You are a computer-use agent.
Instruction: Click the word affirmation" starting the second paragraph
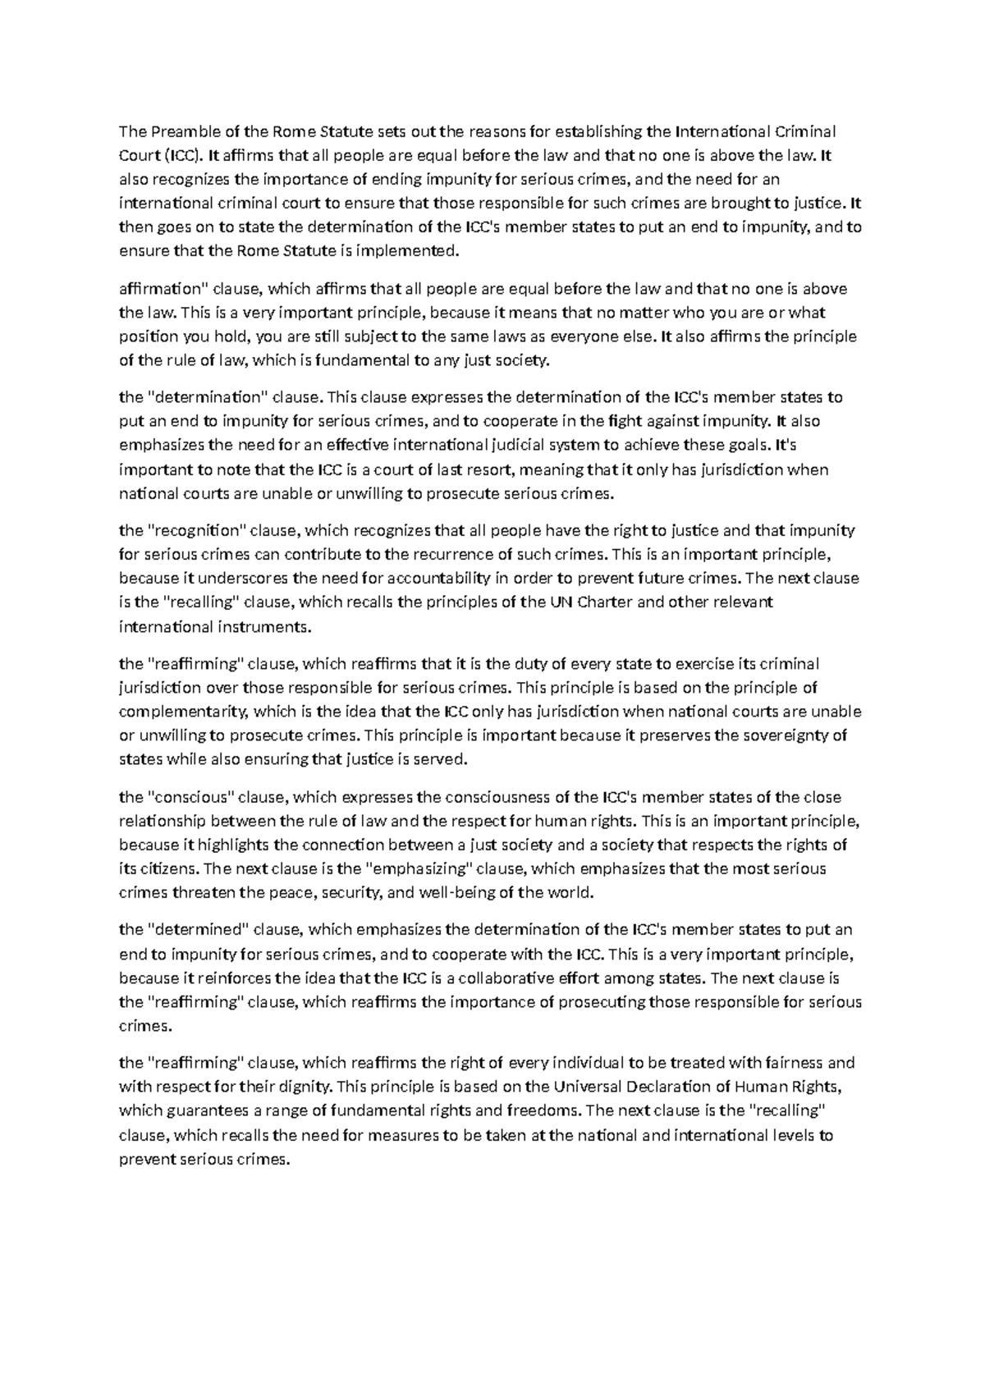click(x=164, y=289)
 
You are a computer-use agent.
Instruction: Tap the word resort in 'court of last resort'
click(x=481, y=470)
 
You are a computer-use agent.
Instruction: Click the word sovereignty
click(x=788, y=735)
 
